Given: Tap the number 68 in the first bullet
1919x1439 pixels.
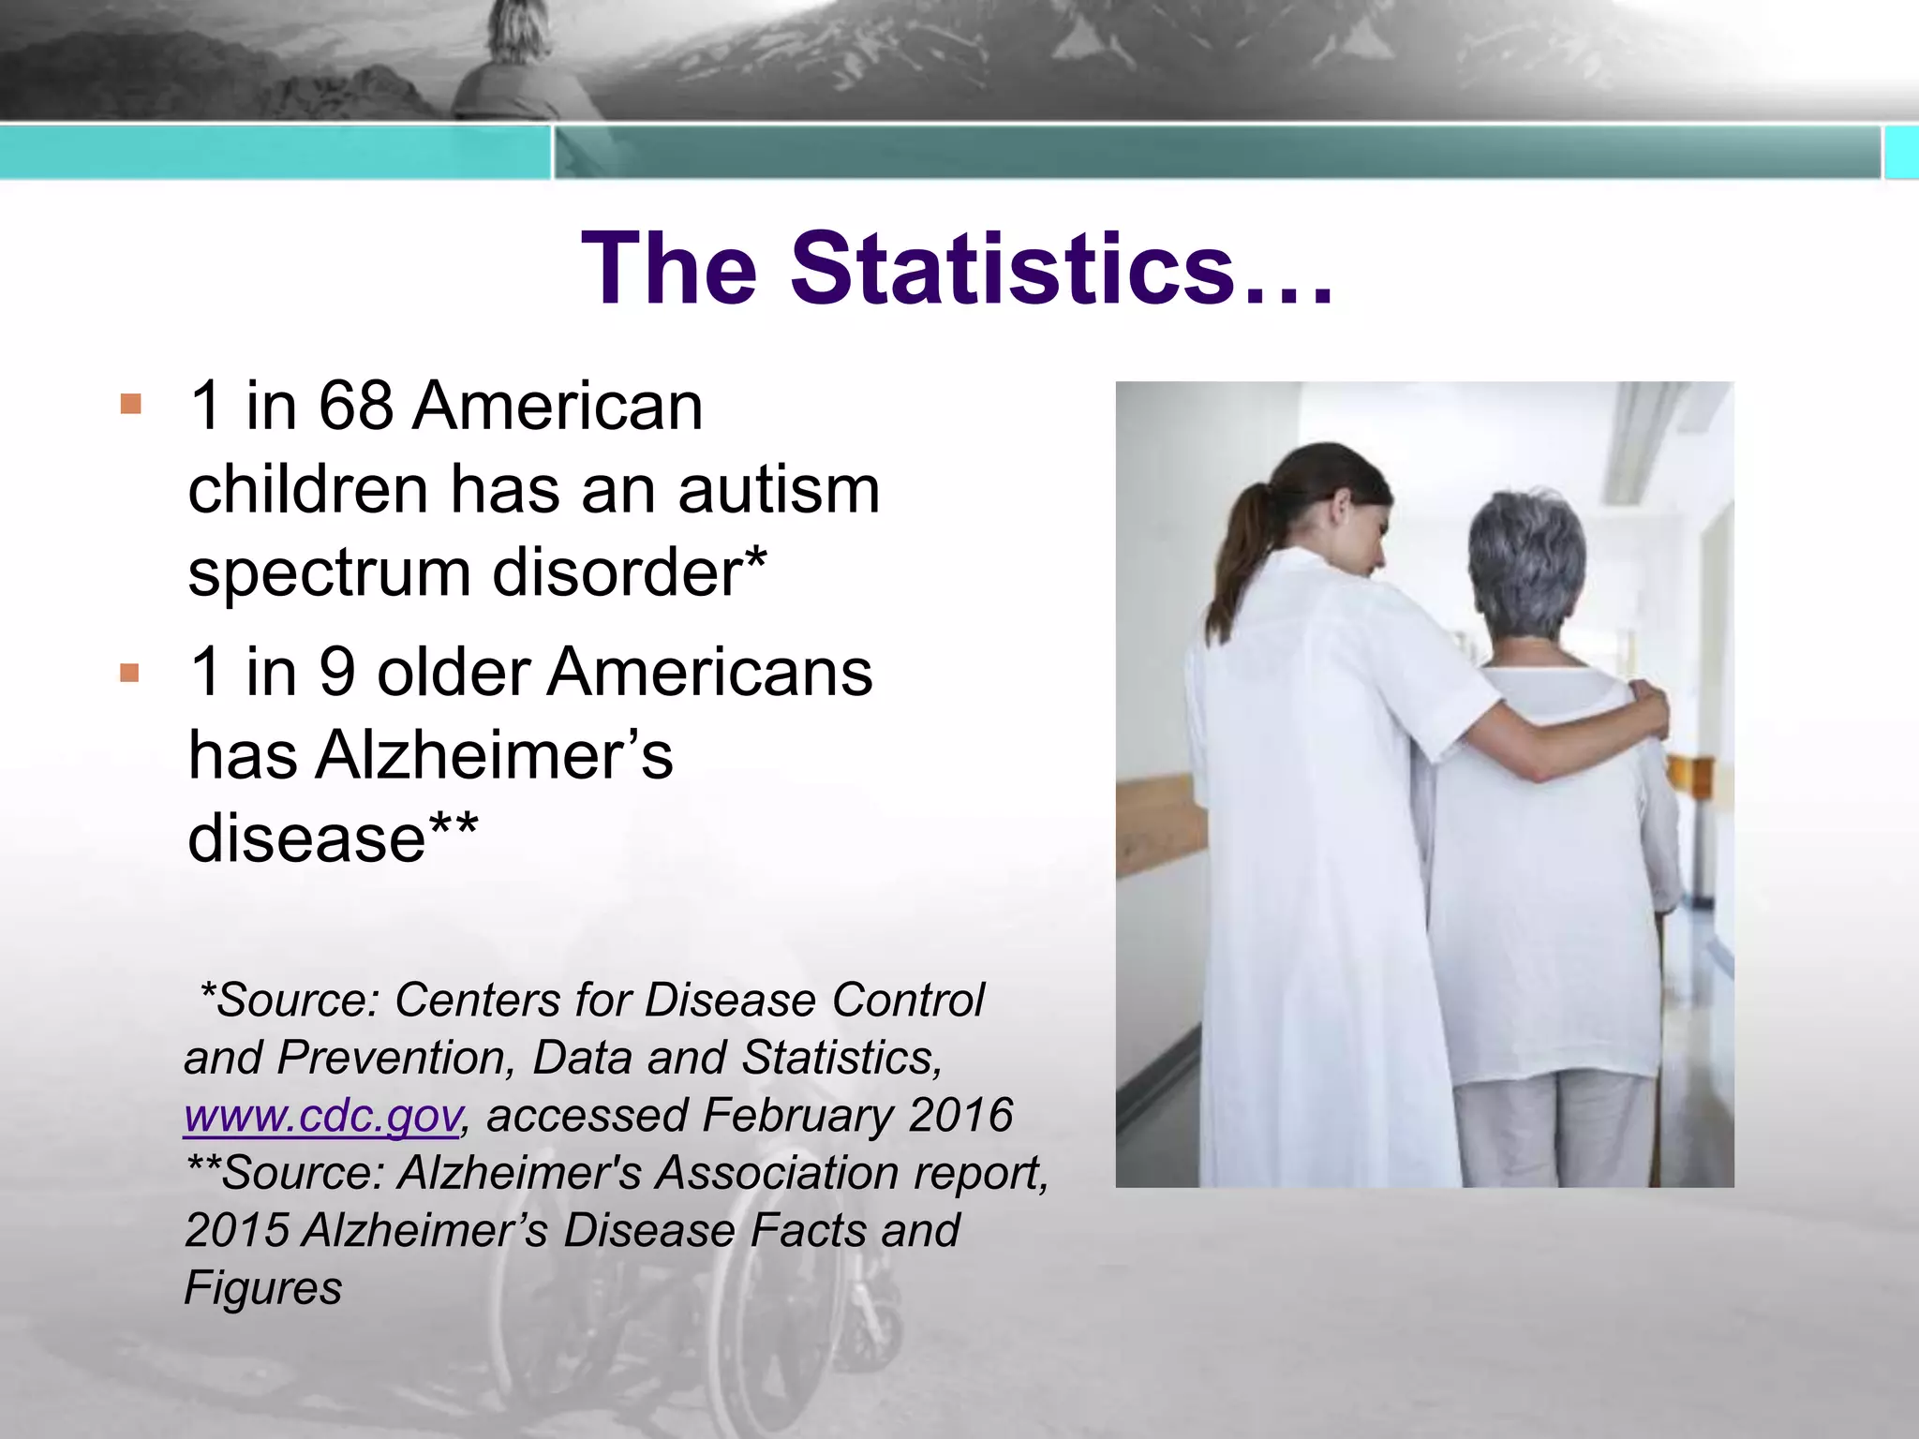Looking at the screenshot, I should click(x=355, y=407).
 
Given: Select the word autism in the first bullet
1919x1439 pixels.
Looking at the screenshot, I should click(x=779, y=490).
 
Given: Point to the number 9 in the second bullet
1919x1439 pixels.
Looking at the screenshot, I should click(x=337, y=673).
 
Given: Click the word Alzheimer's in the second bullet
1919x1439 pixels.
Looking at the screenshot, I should click(x=494, y=755).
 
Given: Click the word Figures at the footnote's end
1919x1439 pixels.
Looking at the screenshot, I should click(x=262, y=1288).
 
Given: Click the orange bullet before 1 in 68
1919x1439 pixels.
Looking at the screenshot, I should click(x=131, y=406).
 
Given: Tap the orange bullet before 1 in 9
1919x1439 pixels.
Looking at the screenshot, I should click(x=130, y=673).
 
